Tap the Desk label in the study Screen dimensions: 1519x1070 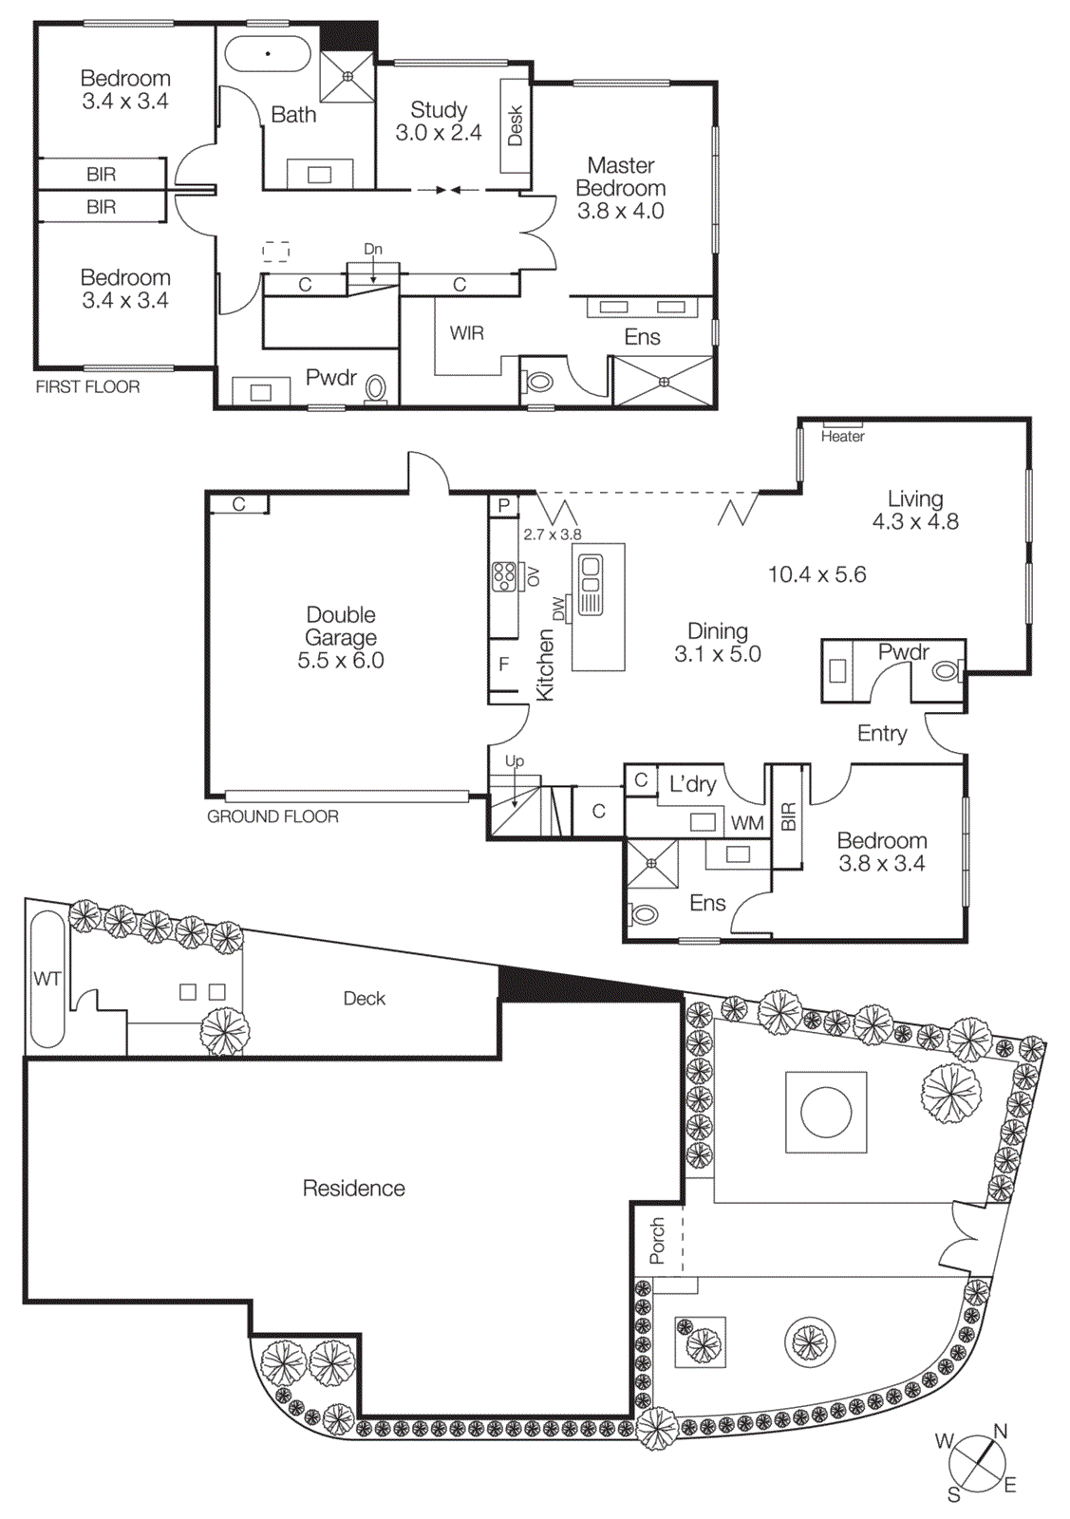point(516,125)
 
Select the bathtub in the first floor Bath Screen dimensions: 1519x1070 point(268,54)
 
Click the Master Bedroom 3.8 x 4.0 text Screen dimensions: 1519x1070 point(621,188)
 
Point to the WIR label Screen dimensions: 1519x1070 point(466,333)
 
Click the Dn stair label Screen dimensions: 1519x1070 point(373,250)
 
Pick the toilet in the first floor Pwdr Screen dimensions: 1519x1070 point(376,388)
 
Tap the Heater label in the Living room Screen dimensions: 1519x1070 point(842,437)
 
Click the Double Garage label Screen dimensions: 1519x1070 point(341,637)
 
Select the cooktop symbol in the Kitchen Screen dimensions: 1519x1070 point(504,576)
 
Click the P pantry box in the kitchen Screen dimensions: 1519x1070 point(504,506)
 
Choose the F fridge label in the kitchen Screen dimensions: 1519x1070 point(504,665)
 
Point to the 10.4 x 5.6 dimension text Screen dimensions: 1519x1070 point(817,574)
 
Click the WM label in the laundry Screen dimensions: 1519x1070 point(747,824)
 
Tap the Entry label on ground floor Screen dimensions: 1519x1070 point(882,733)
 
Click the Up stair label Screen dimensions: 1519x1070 point(515,760)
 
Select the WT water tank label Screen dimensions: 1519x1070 point(47,979)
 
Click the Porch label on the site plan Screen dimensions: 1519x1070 point(657,1241)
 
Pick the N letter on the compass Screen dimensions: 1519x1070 point(1000,1432)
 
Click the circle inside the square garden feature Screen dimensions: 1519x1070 point(826,1112)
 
